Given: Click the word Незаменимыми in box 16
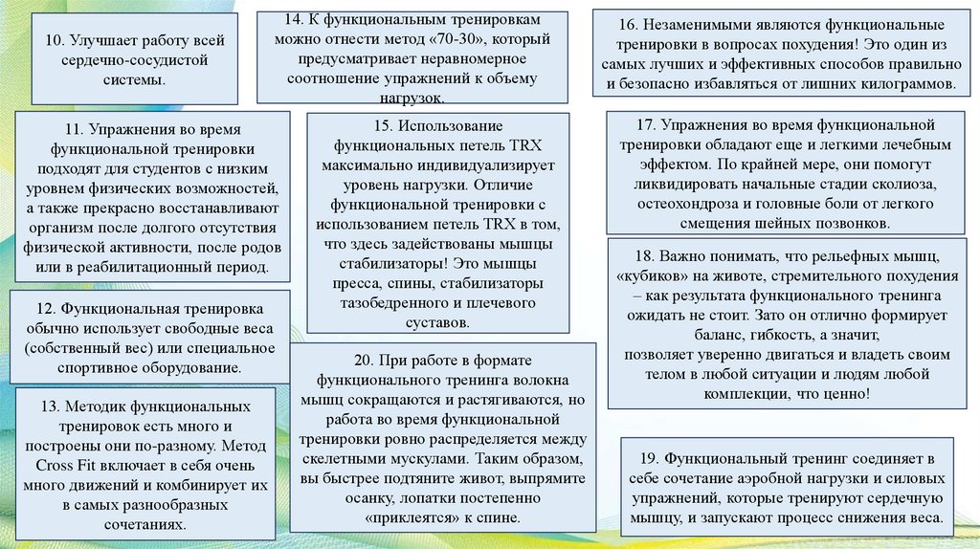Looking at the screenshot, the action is (700, 23).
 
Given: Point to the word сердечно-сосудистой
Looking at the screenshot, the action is (134, 60).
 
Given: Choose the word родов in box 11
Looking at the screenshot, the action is (256, 249).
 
